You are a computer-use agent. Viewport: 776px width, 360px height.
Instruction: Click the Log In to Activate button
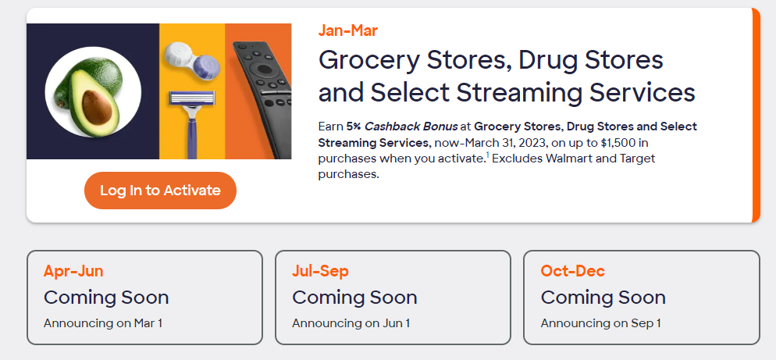(x=160, y=191)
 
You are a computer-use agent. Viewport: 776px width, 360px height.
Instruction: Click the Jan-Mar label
(x=348, y=31)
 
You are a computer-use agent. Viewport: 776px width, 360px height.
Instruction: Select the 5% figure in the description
(x=353, y=127)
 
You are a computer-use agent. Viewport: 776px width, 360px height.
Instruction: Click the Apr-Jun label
(x=73, y=272)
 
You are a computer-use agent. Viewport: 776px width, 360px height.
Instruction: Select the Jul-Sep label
(x=320, y=272)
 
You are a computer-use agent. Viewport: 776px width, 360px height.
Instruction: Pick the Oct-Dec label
(x=572, y=272)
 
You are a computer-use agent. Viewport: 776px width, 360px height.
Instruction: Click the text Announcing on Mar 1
(x=103, y=323)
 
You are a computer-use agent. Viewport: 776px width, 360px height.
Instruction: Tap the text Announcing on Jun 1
(x=351, y=323)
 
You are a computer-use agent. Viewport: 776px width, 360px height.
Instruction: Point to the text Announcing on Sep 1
(x=600, y=323)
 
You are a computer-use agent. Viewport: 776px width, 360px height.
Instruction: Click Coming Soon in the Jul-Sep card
(x=354, y=298)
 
